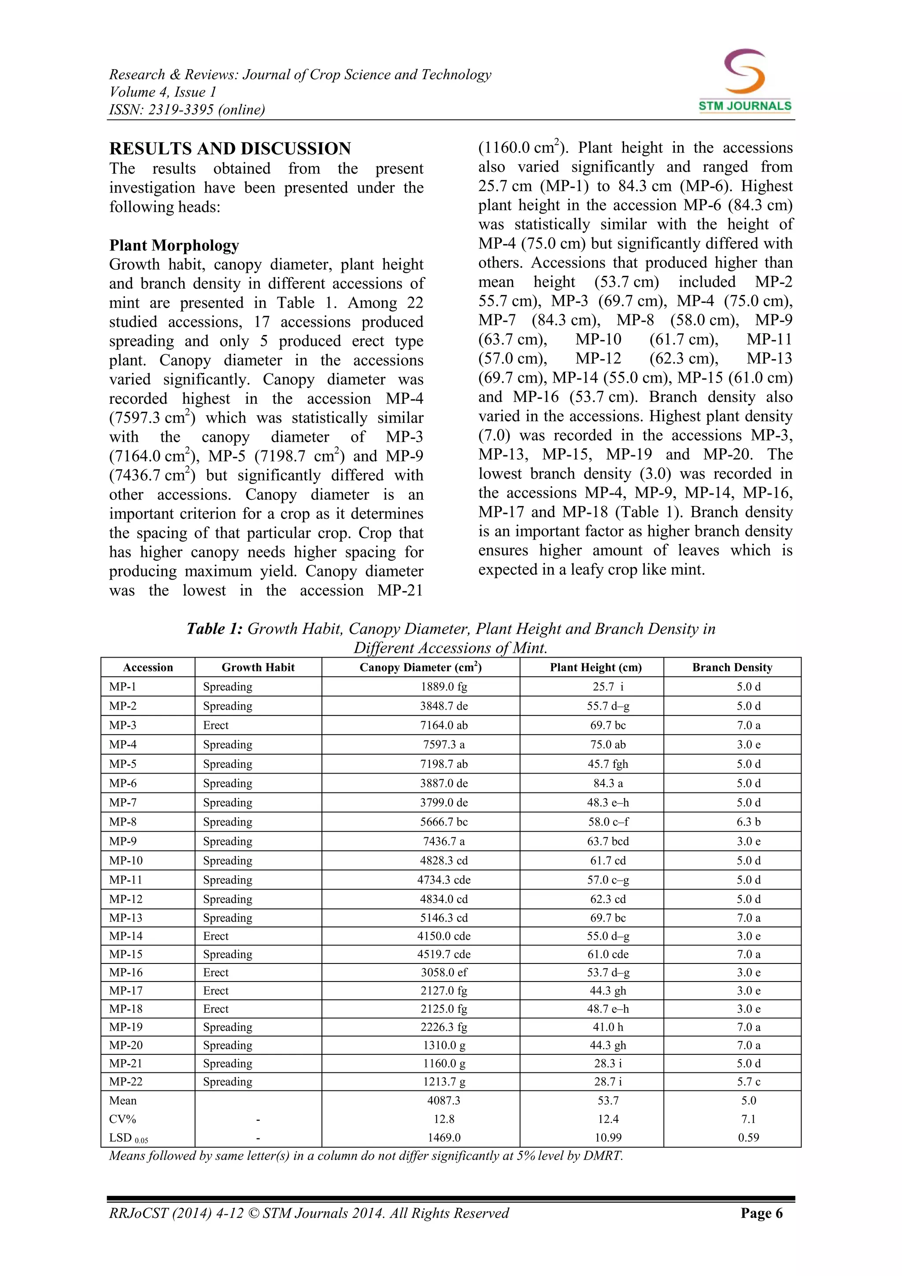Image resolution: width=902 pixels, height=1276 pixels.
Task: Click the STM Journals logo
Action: pos(745,81)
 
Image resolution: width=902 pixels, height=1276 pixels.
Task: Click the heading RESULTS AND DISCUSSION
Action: pos(230,149)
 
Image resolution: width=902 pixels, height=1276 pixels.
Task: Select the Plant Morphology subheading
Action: pos(174,245)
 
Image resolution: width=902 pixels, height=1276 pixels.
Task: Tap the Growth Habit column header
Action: pos(258,667)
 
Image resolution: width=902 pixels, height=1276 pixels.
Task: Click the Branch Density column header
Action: pos(732,667)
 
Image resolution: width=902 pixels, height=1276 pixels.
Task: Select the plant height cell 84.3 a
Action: pos(608,783)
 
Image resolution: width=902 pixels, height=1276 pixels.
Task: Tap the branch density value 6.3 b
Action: pos(748,822)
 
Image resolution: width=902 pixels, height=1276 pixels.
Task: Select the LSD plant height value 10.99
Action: pos(608,1137)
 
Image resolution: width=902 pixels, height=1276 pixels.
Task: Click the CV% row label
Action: pos(123,1119)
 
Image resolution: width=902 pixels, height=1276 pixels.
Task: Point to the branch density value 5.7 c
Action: pos(748,1082)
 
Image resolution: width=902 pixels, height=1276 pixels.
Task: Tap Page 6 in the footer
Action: pos(761,1213)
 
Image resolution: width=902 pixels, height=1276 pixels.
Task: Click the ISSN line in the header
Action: pos(187,109)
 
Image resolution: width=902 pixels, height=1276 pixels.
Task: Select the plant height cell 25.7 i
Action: pos(608,686)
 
